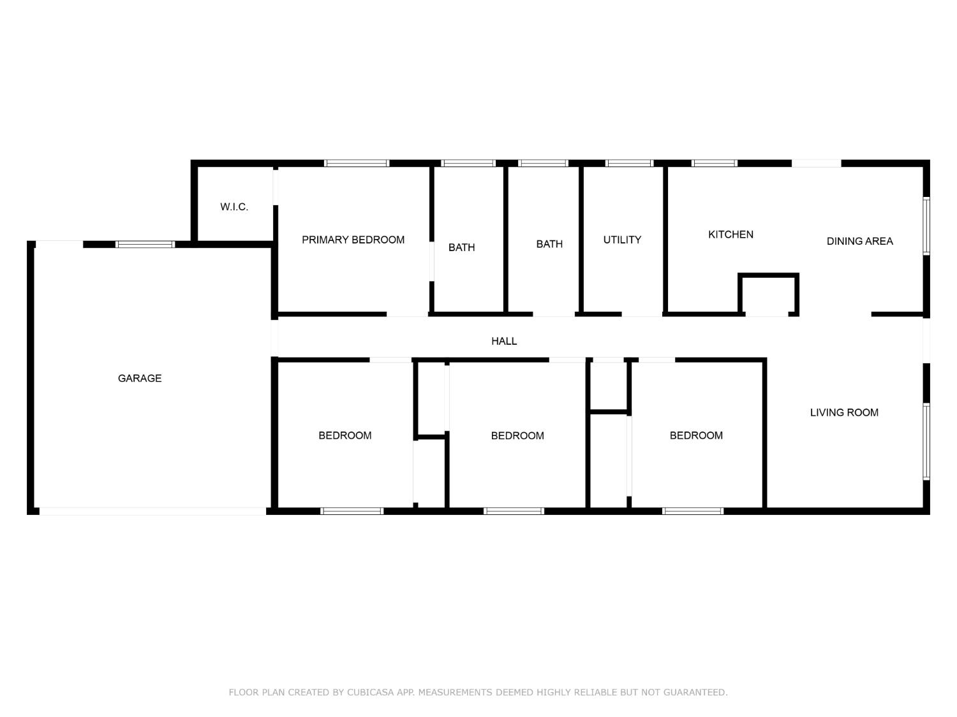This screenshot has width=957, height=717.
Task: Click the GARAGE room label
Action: click(140, 379)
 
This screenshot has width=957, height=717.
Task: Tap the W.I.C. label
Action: click(234, 207)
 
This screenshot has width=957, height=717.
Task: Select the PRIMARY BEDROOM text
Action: click(353, 240)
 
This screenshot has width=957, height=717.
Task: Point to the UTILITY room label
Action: click(622, 240)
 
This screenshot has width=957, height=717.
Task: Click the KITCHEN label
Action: click(731, 235)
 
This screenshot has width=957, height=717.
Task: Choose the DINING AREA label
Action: click(859, 242)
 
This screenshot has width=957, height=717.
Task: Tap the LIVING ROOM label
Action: click(844, 413)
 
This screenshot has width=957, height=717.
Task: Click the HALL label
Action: click(504, 342)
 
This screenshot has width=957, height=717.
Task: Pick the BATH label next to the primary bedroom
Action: click(461, 248)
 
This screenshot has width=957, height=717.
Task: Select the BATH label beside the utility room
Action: click(549, 244)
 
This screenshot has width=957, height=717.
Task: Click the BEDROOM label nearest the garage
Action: click(345, 436)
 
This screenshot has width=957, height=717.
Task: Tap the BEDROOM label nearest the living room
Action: click(696, 436)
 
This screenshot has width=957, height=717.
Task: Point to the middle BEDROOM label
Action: click(517, 436)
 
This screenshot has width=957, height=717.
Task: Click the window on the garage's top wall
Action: click(145, 244)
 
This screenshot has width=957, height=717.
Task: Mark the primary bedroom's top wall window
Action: click(357, 163)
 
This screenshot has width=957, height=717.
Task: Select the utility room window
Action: click(629, 163)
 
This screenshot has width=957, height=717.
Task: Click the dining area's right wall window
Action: click(926, 226)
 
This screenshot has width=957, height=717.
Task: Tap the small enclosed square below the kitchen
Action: click(768, 294)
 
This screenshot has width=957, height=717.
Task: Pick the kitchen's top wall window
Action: click(715, 163)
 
